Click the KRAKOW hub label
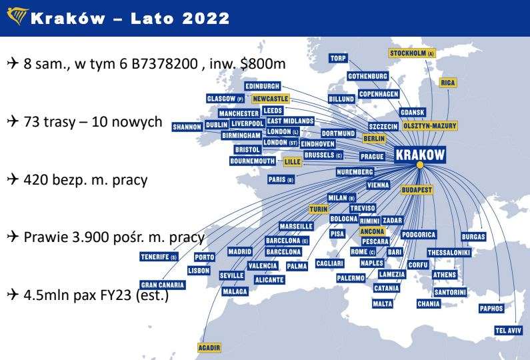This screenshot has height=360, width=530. pyautogui.click(x=420, y=155)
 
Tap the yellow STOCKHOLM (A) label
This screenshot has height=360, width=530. pyautogui.click(x=412, y=53)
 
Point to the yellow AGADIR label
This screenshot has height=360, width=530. pyautogui.click(x=210, y=347)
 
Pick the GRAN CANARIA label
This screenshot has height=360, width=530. pyautogui.click(x=163, y=284)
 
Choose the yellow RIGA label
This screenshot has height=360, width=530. pyautogui.click(x=448, y=83)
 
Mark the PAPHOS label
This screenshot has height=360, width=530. pyautogui.click(x=492, y=308)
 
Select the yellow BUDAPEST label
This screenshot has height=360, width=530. pyautogui.click(x=417, y=190)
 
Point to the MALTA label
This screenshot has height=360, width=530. pyautogui.click(x=383, y=304)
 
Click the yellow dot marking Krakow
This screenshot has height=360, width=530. pyautogui.click(x=420, y=165)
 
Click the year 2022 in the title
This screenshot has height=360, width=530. pyautogui.click(x=198, y=18)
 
